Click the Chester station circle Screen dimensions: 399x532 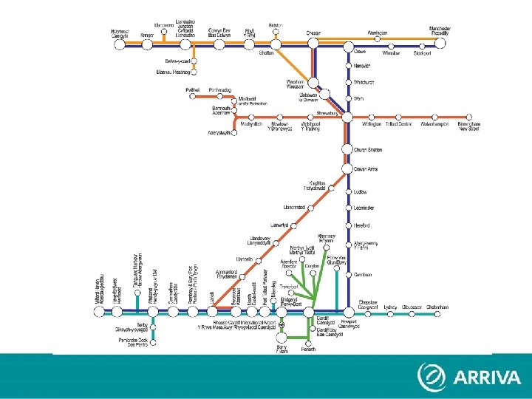[x=313, y=44]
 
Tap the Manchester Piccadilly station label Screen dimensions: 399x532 [x=440, y=30]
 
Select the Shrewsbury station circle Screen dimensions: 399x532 [x=347, y=117]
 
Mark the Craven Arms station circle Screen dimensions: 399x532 [x=347, y=168]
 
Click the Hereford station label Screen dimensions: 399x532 [x=361, y=225]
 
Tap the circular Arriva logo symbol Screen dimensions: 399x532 [x=431, y=377]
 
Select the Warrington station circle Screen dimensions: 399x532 [x=378, y=44]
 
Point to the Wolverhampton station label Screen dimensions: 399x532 [x=434, y=125]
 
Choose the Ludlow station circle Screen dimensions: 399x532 [x=347, y=191]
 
